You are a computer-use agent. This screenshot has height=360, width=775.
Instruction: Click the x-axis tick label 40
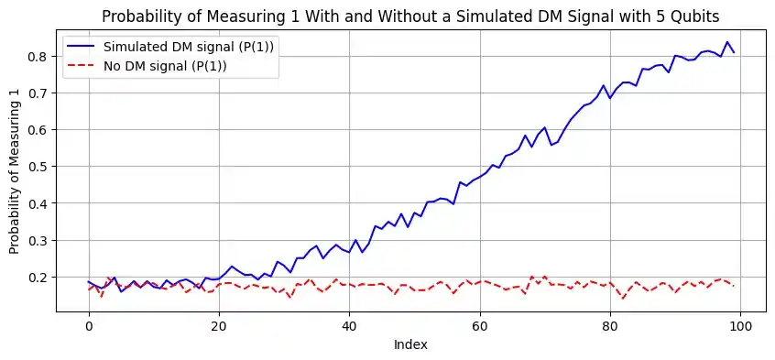[349, 326]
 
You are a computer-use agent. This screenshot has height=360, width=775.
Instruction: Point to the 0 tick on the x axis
[88, 326]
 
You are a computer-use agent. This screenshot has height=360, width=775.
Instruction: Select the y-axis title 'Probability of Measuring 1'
[16, 170]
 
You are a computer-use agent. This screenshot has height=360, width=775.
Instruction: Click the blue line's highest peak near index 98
[726, 42]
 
